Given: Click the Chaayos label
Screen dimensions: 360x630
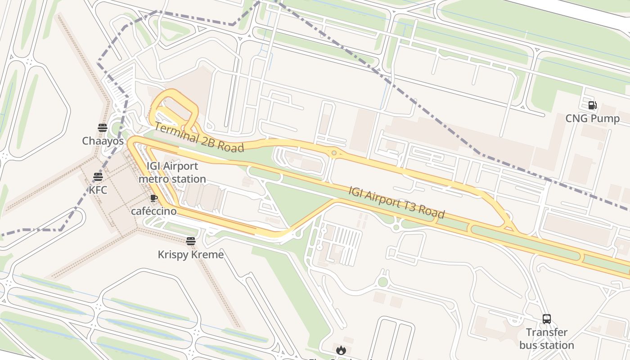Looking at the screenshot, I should click(x=103, y=141).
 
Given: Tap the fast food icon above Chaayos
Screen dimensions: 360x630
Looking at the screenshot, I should click(x=103, y=127).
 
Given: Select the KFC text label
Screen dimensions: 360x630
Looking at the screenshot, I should click(x=98, y=190).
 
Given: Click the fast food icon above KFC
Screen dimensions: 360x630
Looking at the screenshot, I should click(x=98, y=176).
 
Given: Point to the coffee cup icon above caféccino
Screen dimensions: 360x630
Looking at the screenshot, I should click(x=154, y=198).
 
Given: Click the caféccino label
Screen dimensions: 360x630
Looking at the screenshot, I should click(x=154, y=211).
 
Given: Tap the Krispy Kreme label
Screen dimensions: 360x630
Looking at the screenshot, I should click(x=191, y=255).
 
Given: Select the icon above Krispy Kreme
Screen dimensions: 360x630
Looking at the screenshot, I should click(x=191, y=241).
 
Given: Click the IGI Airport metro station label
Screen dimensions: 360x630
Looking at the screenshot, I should click(x=172, y=172).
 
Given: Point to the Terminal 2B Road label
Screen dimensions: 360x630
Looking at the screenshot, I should click(x=199, y=137).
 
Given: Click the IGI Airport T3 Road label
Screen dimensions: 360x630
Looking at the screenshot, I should click(x=396, y=202).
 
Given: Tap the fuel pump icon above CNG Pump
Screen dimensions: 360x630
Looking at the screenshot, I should click(x=592, y=105).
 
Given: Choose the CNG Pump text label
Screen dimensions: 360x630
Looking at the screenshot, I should click(x=592, y=118).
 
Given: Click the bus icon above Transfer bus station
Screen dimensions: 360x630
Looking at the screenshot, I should click(x=547, y=319).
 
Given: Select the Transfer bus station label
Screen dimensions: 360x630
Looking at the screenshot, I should click(x=547, y=339).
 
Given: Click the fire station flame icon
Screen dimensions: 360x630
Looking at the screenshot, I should click(x=341, y=350).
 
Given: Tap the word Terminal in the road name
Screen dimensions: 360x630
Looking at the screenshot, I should click(x=175, y=131).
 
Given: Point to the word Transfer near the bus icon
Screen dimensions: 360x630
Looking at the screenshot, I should click(x=547, y=333).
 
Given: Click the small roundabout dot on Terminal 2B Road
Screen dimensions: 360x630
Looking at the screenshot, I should click(x=334, y=153).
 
